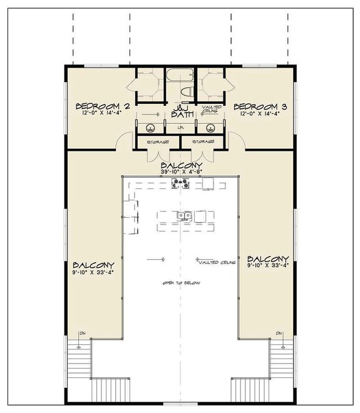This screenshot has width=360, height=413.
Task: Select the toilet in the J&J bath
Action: point(186,93)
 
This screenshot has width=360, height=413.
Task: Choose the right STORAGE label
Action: point(203,142)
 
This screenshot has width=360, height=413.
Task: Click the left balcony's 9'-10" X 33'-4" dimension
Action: point(93,273)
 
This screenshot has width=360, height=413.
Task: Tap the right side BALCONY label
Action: point(268,258)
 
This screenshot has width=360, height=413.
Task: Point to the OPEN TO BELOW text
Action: point(181,283)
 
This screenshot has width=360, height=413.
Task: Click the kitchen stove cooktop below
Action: point(180,183)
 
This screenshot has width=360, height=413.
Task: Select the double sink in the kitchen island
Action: point(184,216)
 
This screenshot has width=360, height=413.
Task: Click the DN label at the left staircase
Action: point(81,333)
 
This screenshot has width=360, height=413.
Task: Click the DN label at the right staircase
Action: point(279,333)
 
